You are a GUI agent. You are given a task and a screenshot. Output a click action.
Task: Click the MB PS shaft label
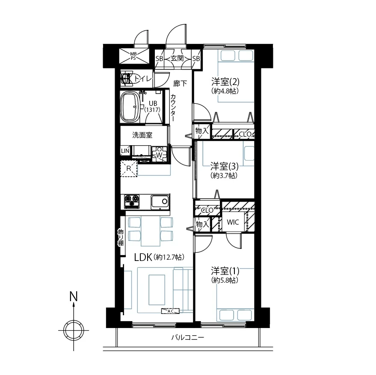[x=133, y=56]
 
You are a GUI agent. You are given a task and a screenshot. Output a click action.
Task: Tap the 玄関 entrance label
[x=177, y=58]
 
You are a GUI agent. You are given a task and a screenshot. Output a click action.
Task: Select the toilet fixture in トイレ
[x=127, y=78]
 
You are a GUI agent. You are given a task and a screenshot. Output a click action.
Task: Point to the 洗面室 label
[x=142, y=135]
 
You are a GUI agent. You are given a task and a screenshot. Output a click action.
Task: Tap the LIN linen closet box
[x=125, y=151]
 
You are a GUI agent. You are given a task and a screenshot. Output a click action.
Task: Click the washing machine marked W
[x=159, y=154]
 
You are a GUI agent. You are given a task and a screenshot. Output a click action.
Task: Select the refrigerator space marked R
[x=129, y=169]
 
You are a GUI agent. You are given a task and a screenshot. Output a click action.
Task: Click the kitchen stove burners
[x=132, y=201]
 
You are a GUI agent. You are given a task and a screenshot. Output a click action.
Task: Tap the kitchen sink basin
[x=160, y=202]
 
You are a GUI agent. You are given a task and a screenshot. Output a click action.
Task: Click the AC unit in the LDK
[x=170, y=311]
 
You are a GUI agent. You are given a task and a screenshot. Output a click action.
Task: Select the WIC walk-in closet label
[x=233, y=222]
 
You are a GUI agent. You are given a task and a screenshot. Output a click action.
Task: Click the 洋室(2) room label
[x=225, y=82]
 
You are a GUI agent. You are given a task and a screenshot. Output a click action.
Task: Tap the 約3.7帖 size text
[x=224, y=175]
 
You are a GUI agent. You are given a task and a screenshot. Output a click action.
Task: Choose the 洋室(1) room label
[x=225, y=271]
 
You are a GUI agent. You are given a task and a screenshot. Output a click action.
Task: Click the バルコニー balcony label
[x=188, y=338]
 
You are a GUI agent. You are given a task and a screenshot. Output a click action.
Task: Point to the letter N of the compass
[x=74, y=296]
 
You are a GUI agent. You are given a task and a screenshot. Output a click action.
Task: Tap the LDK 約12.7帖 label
[x=159, y=258]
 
